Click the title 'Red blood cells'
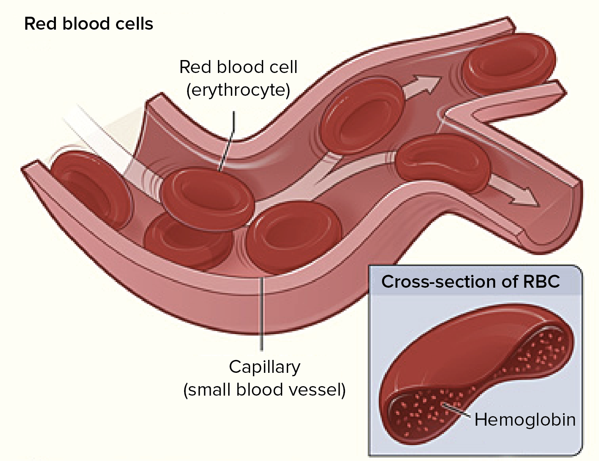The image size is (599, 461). (x=89, y=24)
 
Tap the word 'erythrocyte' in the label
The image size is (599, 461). (x=238, y=90)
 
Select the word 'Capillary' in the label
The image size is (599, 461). (x=265, y=367)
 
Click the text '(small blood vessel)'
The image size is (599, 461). (x=265, y=390)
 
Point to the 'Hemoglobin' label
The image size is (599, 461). (x=525, y=420)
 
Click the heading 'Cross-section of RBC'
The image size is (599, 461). (x=470, y=282)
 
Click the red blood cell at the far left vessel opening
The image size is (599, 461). (x=91, y=188)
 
